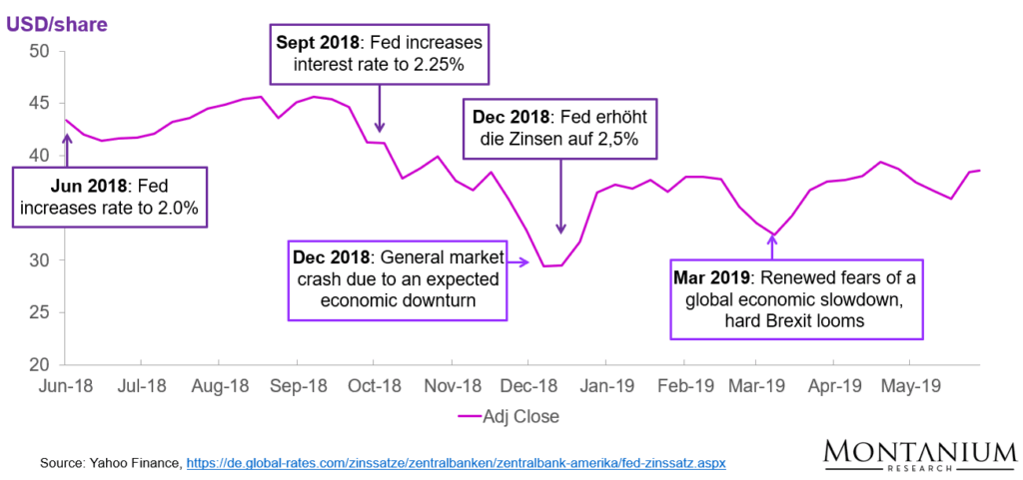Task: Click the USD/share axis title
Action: pyautogui.click(x=57, y=19)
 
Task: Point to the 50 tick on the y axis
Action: pyautogui.click(x=39, y=50)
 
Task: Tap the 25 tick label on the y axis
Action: pyautogui.click(x=39, y=312)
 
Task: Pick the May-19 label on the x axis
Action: pyautogui.click(x=912, y=385)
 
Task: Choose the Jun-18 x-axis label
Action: pyautogui.click(x=66, y=385)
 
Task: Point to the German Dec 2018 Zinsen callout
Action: pyautogui.click(x=560, y=127)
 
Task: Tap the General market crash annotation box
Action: pyautogui.click(x=397, y=279)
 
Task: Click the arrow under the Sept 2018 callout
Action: pyautogui.click(x=380, y=109)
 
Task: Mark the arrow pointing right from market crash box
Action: pyautogui.click(x=518, y=263)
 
